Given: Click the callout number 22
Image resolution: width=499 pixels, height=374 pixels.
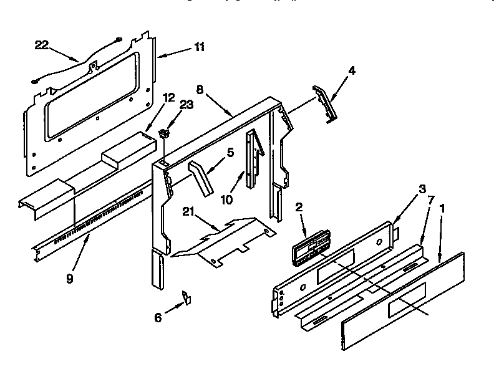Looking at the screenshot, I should (41, 44).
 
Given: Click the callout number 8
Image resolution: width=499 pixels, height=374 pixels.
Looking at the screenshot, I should (200, 89).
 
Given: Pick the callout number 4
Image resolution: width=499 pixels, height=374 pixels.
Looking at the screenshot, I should (352, 70).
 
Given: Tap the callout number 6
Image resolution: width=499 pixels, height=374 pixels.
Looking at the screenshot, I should (158, 317).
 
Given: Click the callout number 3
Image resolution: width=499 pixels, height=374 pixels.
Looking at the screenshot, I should (422, 189).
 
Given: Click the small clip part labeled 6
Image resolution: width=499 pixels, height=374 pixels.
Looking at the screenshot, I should (187, 297).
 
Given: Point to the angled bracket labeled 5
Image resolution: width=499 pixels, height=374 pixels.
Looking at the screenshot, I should (199, 176).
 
